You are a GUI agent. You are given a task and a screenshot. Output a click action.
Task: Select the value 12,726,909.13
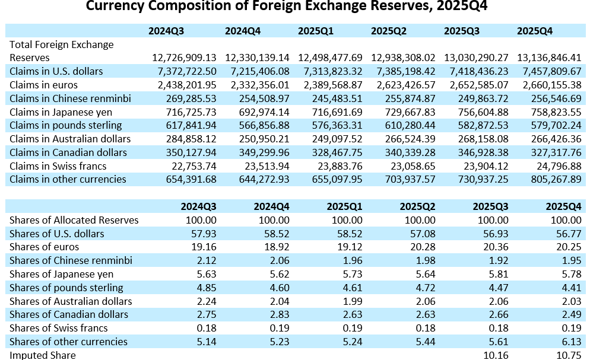coord(185,58)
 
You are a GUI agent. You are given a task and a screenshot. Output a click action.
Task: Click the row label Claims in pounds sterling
coord(66,125)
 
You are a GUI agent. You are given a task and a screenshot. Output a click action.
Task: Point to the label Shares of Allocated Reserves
coord(74,220)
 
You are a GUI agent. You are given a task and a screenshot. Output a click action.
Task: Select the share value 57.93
coord(204,234)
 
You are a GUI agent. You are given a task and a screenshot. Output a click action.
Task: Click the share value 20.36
coord(496,247)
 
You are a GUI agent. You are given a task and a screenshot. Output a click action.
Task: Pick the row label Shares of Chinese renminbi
coord(71,260)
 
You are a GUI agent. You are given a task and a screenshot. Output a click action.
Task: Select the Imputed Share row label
coord(43,355)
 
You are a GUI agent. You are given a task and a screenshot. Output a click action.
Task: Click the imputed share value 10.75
coord(569,355)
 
